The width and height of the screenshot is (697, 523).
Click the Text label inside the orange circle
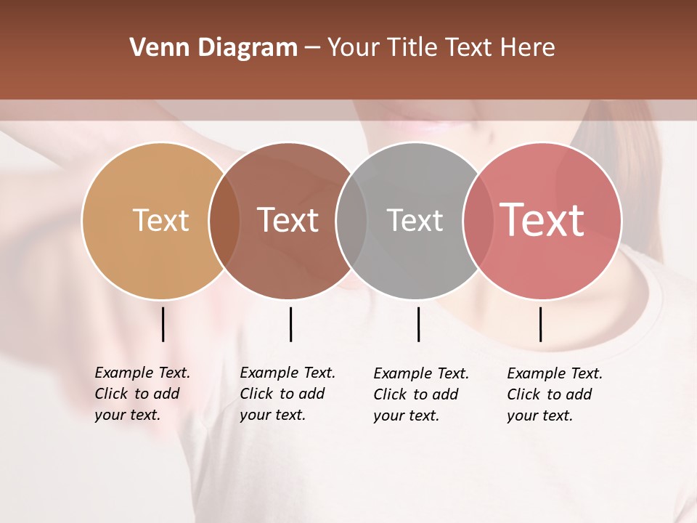(160, 220)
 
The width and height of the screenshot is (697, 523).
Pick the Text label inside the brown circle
(288, 220)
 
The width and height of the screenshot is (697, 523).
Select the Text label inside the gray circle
(415, 220)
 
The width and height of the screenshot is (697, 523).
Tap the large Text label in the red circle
(542, 220)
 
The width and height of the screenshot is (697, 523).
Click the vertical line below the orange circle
(163, 324)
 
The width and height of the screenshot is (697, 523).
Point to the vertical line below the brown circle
(290, 324)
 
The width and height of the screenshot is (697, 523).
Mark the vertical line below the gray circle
(418, 324)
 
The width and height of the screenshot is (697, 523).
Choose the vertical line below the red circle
(540, 324)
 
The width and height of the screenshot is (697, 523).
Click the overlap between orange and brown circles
(224, 221)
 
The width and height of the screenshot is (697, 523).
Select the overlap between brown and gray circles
(351, 221)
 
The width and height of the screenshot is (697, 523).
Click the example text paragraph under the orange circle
(142, 394)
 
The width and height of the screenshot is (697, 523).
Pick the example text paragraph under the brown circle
(287, 394)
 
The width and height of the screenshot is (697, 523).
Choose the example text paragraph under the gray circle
(420, 394)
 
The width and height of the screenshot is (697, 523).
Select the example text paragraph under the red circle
(554, 394)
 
